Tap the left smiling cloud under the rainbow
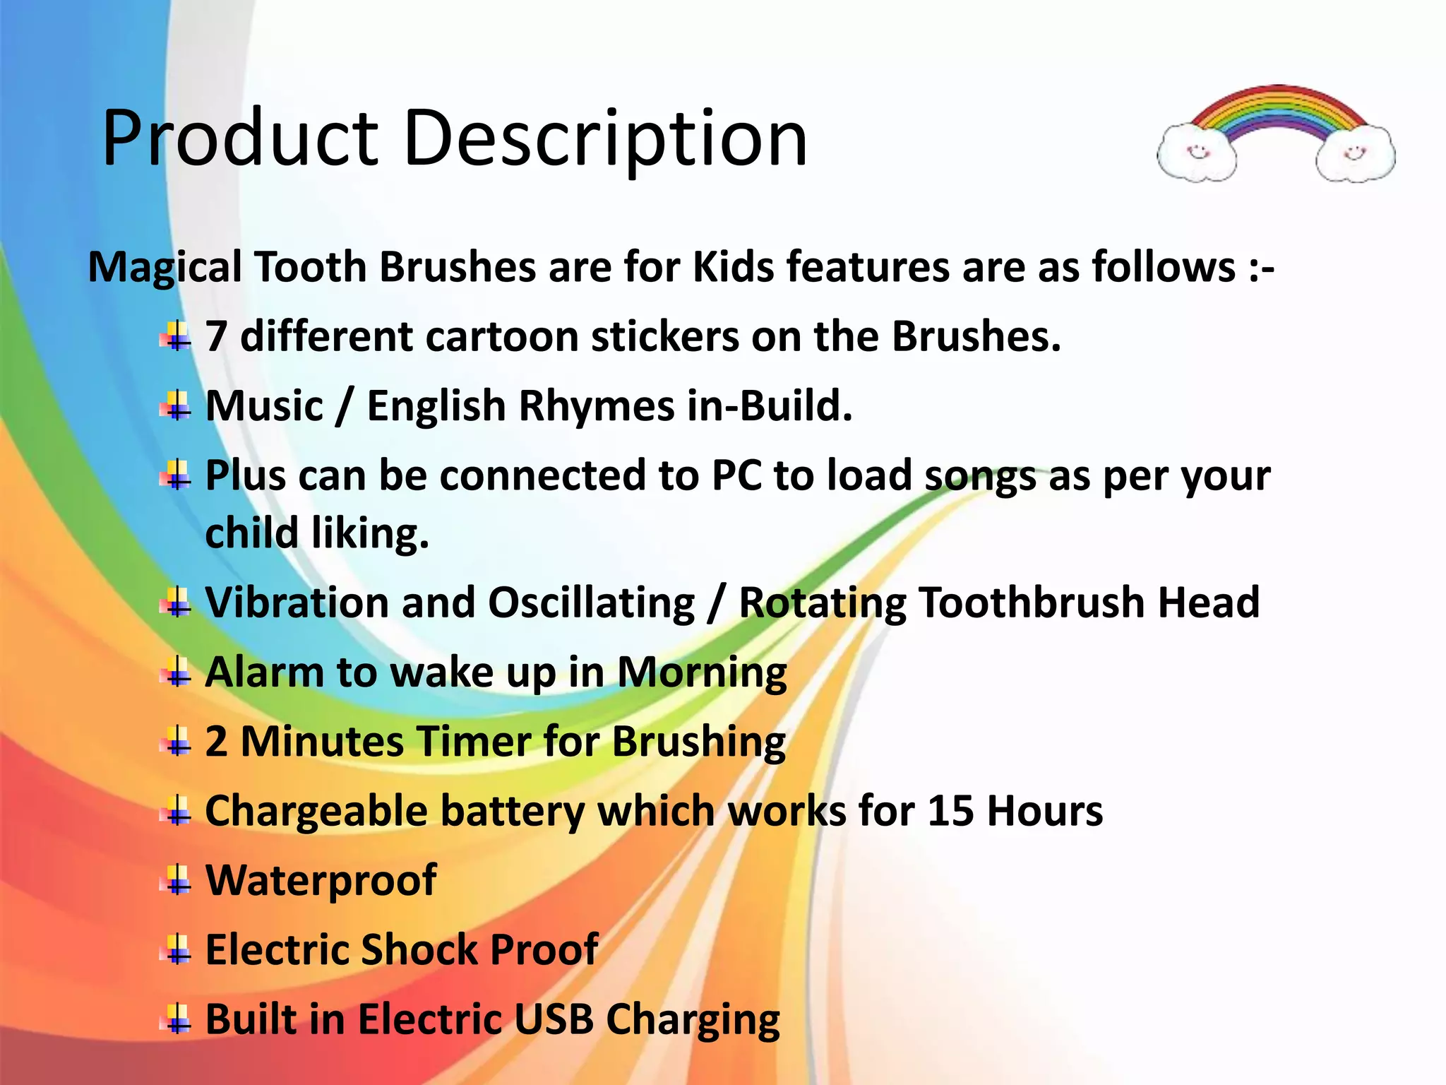click(x=1197, y=153)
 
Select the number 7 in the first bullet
click(x=216, y=337)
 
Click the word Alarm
click(x=264, y=672)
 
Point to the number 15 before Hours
click(x=950, y=811)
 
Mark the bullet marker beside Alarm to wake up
click(x=177, y=672)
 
